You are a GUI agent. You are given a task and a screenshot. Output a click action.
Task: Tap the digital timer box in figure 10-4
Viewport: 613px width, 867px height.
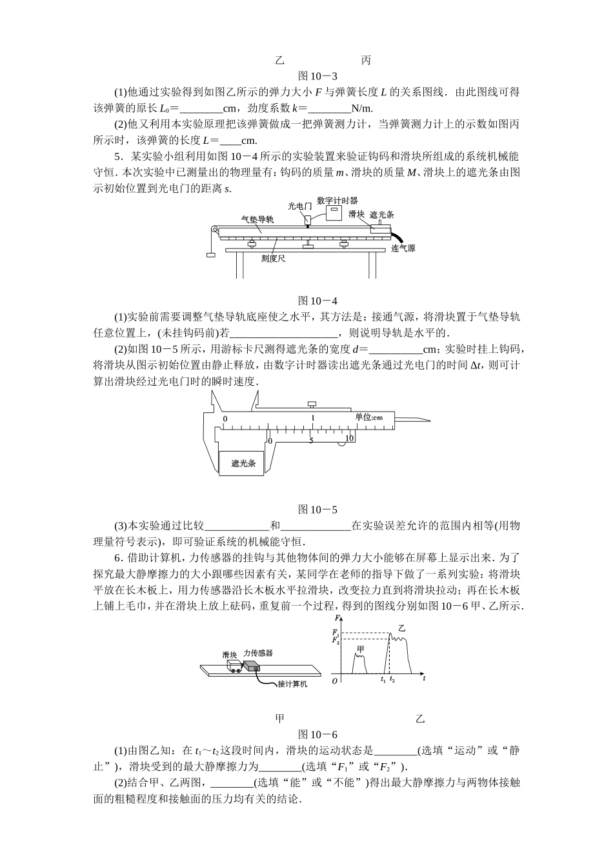tap(334, 213)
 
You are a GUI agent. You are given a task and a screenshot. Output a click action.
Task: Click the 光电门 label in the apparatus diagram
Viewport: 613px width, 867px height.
tap(299, 206)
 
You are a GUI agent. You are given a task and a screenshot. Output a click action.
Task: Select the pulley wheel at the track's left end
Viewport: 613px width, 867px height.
tap(212, 229)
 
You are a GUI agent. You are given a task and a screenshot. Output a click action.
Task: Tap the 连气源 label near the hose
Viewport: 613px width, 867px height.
tap(403, 248)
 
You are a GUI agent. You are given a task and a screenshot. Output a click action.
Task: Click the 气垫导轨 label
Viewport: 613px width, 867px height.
tap(257, 219)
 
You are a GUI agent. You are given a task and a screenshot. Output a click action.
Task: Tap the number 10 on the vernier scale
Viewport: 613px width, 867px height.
tap(349, 439)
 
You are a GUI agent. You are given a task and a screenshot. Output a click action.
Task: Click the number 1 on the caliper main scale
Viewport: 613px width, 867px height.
tap(313, 418)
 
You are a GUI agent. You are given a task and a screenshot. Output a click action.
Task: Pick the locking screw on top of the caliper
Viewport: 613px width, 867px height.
tap(312, 404)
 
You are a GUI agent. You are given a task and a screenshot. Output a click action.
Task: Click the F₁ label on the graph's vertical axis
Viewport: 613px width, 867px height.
tap(335, 633)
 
